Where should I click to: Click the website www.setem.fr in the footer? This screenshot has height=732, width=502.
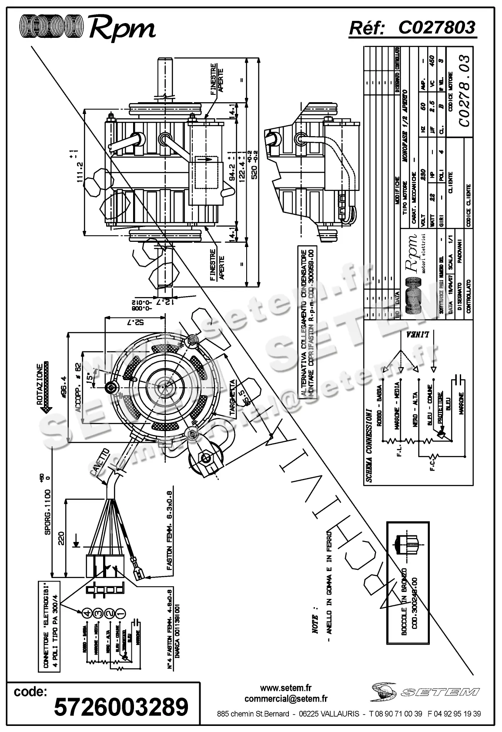(286, 688)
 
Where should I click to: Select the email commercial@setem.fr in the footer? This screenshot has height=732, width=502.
(286, 699)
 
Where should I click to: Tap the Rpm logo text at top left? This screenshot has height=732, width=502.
(122, 28)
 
